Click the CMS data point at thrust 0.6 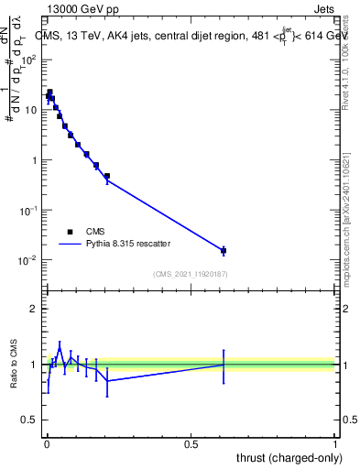click(224, 250)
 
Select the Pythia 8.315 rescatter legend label click(130, 245)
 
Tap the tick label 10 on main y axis click(33, 110)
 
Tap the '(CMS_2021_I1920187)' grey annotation click(190, 273)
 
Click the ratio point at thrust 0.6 click(224, 365)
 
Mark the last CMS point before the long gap click(107, 176)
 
